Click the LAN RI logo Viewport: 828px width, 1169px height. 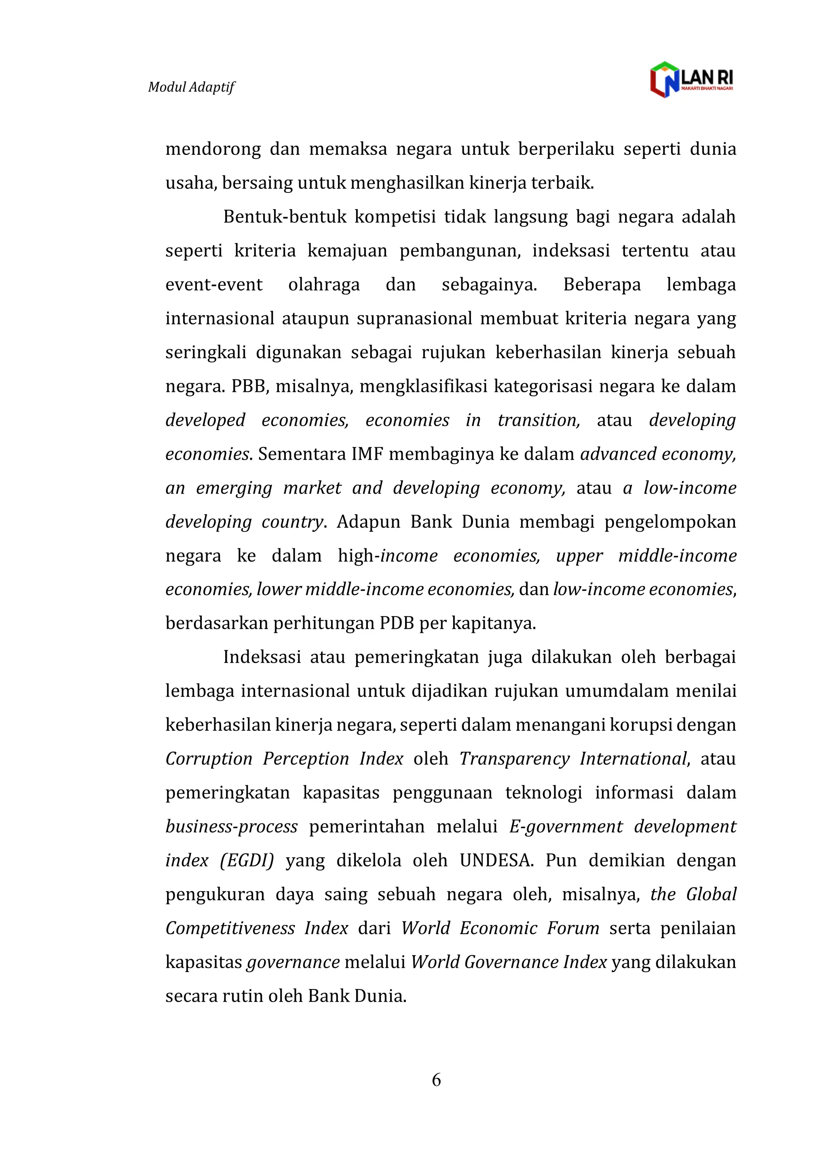click(x=691, y=80)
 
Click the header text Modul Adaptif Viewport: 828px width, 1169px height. click(x=191, y=87)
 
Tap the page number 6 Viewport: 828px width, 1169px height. click(x=436, y=1079)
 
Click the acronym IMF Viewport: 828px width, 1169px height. click(x=367, y=454)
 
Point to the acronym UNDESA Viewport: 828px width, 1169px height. click(x=496, y=860)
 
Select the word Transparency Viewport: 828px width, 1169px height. click(x=514, y=759)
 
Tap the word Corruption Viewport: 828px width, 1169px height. click(x=209, y=759)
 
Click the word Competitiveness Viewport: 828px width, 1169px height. click(x=230, y=928)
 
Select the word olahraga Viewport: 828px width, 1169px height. click(x=324, y=285)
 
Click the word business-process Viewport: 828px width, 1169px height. click(x=232, y=827)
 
